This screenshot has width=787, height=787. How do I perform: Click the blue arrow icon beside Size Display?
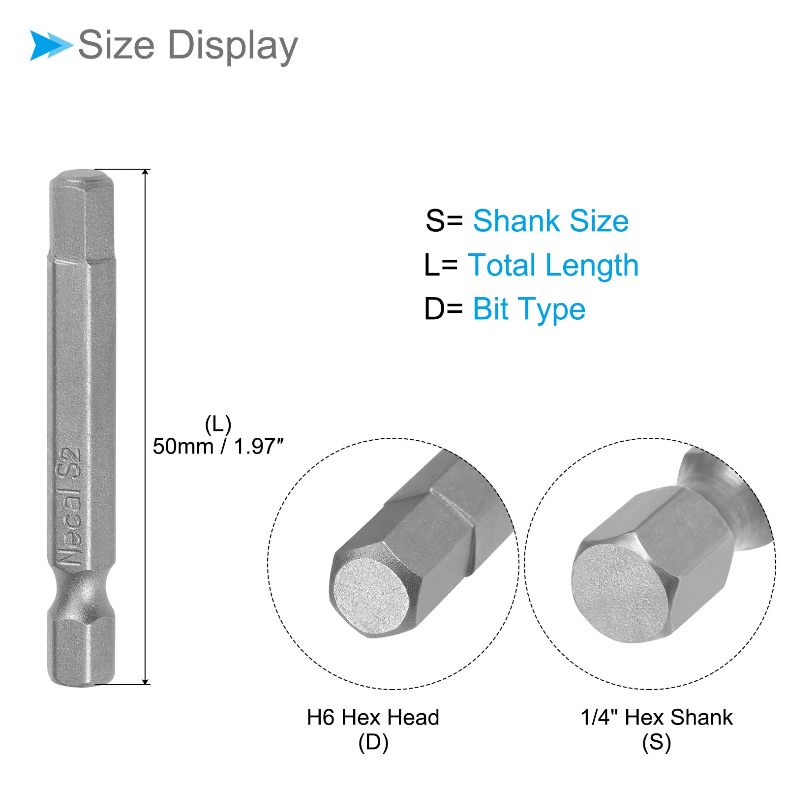pyautogui.click(x=51, y=45)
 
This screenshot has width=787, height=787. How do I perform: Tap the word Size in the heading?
pyautogui.click(x=117, y=45)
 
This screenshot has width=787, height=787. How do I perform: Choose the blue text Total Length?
pyautogui.click(x=553, y=266)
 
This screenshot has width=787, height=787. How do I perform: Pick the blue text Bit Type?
pyautogui.click(x=529, y=310)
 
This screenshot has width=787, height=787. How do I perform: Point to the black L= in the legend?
pyautogui.click(x=441, y=266)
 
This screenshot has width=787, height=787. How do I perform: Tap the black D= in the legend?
pyautogui.click(x=444, y=309)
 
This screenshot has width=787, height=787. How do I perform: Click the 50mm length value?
pyautogui.click(x=183, y=447)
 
